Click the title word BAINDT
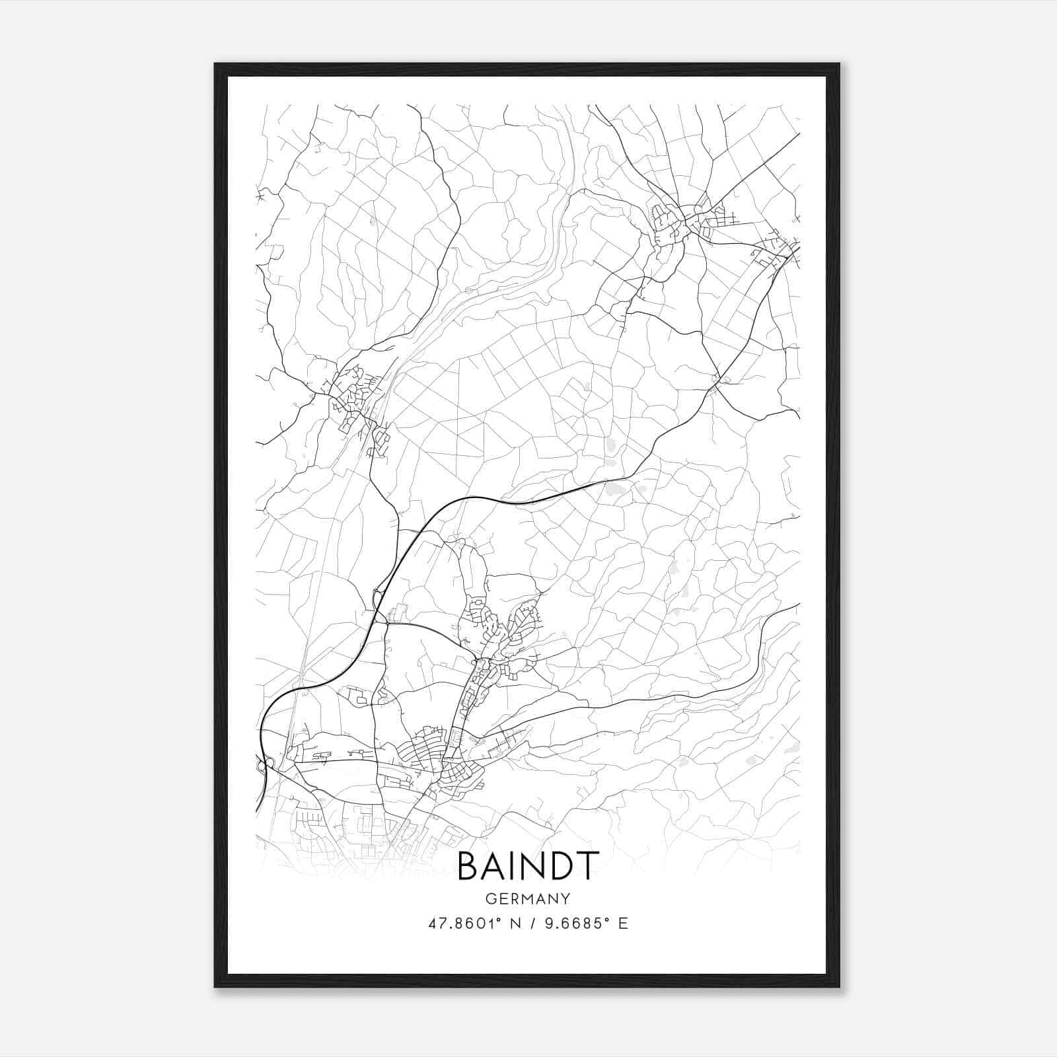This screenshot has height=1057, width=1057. (x=528, y=866)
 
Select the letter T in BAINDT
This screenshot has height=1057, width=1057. (x=587, y=866)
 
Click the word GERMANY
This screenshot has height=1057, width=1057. (x=528, y=898)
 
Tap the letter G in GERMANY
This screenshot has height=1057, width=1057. (x=490, y=898)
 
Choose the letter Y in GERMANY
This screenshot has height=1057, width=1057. (x=566, y=898)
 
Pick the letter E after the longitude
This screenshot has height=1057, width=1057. (x=622, y=924)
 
